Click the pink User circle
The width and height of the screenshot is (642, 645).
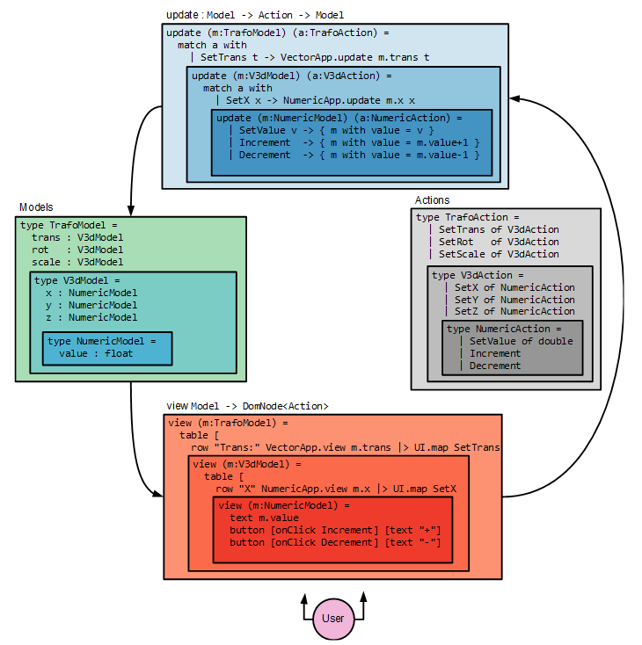pos(333,618)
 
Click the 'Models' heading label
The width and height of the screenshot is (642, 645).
pos(37,207)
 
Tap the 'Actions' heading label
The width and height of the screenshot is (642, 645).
pos(432,200)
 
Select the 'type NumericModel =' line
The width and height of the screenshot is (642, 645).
pos(102,341)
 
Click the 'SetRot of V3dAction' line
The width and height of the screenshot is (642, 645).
pos(499,242)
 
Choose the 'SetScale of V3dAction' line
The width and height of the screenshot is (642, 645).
pos(499,254)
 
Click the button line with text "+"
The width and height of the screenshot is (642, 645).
pos(334,530)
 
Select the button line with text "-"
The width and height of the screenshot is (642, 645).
pos(334,542)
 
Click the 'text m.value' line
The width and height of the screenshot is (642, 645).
pos(269,518)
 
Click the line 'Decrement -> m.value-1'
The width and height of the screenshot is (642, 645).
pos(360,155)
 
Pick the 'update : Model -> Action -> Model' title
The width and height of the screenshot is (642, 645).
pos(255,16)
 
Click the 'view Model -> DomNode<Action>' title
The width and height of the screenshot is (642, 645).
pos(247,406)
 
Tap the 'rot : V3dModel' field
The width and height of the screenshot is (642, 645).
pos(77,250)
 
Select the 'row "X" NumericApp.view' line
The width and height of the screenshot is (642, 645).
pos(336,489)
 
